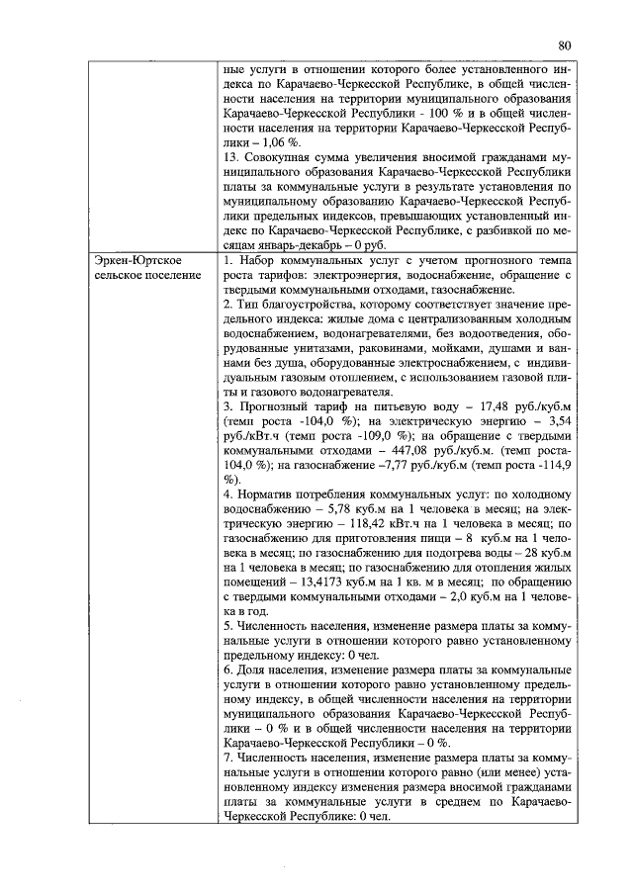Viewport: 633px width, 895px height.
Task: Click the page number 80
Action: pyautogui.click(x=565, y=45)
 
